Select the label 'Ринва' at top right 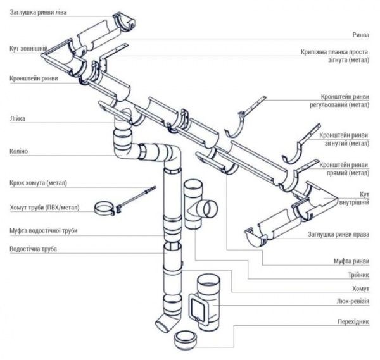click(360, 35)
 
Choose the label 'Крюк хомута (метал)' click(38, 183)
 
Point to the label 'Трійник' click(357, 274)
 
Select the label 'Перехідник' click(353, 321)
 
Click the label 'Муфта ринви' click(351, 260)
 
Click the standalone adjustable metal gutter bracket click(244, 120)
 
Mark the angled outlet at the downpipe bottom click(166, 320)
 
